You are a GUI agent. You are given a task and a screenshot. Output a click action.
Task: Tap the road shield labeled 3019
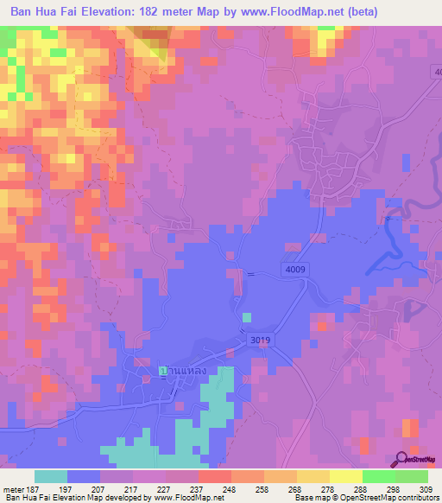click(x=261, y=341)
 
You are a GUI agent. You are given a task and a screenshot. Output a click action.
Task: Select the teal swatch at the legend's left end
click(x=51, y=476)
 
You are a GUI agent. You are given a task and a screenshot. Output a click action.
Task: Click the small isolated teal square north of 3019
click(x=248, y=317)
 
